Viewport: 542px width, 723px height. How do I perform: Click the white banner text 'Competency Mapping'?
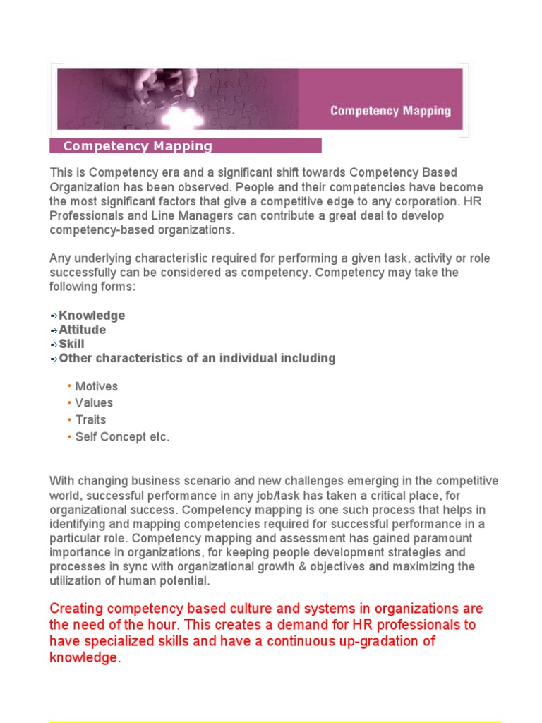(390, 111)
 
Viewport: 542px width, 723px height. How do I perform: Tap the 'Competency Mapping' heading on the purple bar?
(138, 146)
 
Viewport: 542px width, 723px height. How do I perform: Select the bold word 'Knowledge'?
(92, 316)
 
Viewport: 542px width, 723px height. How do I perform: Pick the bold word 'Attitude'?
(83, 330)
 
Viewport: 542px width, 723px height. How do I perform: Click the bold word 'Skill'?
(71, 344)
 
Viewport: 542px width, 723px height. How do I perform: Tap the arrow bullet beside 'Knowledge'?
(54, 316)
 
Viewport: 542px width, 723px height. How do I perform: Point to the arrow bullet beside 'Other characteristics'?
(54, 359)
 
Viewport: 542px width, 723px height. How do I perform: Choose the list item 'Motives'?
(97, 386)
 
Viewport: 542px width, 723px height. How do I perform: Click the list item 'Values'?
(94, 402)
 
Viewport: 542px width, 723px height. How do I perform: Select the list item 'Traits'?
(91, 419)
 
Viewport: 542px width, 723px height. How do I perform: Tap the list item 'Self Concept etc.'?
(123, 436)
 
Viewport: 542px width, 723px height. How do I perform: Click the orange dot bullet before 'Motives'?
(69, 386)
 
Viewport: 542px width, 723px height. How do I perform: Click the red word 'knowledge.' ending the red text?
(85, 657)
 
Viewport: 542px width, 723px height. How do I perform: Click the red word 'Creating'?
(76, 609)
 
